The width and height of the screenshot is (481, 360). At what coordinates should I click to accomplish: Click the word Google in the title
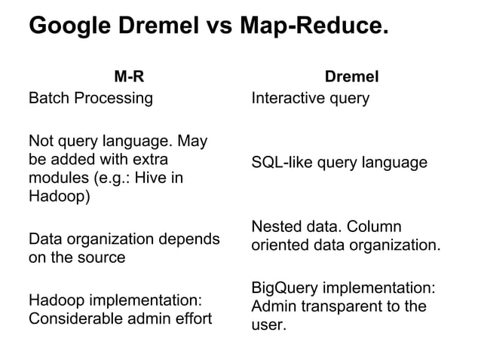(x=69, y=27)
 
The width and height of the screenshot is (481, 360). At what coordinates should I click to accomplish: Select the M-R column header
(x=128, y=76)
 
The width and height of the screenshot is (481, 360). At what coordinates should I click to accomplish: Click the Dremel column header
(x=351, y=76)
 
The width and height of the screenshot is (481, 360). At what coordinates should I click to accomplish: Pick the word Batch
(x=47, y=98)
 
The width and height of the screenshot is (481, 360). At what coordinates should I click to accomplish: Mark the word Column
(x=378, y=227)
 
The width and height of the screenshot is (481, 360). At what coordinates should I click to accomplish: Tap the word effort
(x=191, y=319)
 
